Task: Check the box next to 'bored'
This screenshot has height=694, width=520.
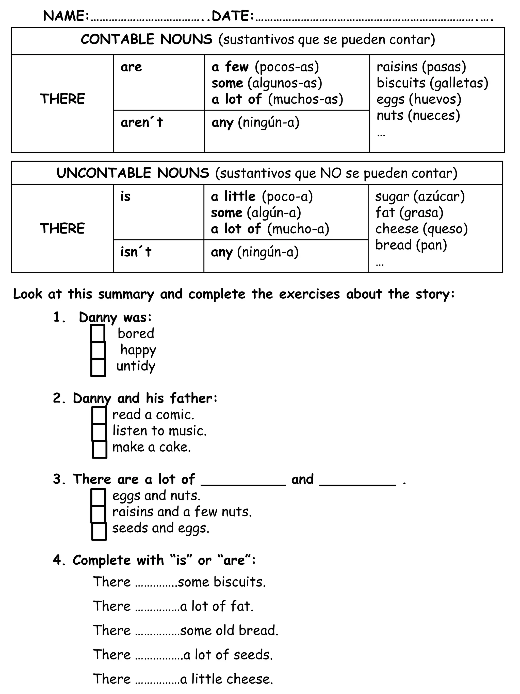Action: click(97, 333)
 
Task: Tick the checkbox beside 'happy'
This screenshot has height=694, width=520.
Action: click(98, 350)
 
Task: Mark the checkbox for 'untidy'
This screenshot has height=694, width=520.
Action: click(98, 367)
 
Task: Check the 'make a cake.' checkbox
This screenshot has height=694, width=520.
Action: click(99, 449)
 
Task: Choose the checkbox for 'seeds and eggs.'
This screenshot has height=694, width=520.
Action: click(99, 531)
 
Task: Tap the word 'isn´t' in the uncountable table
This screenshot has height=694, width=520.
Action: click(136, 252)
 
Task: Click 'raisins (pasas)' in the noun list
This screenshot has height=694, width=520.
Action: click(421, 67)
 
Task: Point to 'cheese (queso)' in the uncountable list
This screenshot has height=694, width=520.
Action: click(421, 229)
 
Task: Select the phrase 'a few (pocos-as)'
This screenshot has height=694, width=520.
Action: click(265, 67)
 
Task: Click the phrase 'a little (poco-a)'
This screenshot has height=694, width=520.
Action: click(262, 196)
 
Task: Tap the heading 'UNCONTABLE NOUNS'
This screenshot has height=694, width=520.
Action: click(133, 173)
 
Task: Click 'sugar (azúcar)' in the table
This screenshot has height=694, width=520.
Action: click(420, 196)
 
